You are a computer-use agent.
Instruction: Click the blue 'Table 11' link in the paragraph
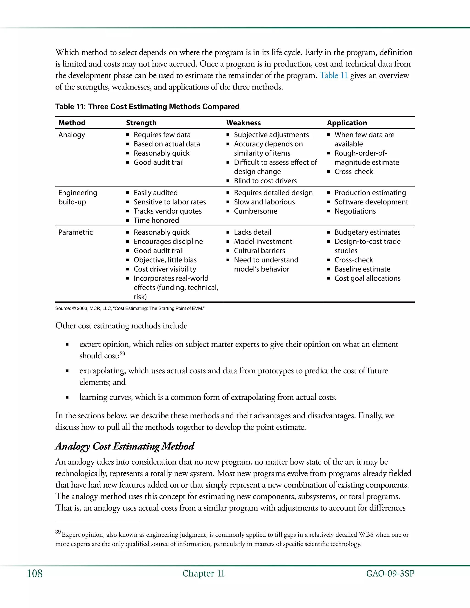pos(333,75)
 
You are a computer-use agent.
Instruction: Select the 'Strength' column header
pos(141,123)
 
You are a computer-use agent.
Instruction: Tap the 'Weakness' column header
pos(243,123)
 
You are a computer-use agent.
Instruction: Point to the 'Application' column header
pos(347,123)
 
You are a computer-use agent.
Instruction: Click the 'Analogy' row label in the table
pos(72,135)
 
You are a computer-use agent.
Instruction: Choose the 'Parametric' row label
pos(76,232)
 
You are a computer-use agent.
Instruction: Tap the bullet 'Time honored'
pos(156,220)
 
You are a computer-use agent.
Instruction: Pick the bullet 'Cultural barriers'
pos(259,251)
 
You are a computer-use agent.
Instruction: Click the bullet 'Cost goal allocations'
pos(367,278)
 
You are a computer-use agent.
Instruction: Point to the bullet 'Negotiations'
pos(355,211)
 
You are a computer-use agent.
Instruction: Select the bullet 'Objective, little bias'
pos(165,260)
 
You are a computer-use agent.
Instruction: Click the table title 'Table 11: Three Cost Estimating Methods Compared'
pos(147,107)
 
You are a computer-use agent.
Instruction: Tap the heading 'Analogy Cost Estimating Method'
pos(124,446)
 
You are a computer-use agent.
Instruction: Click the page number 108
pos(34,574)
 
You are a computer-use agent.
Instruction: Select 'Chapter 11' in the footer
pos(203,574)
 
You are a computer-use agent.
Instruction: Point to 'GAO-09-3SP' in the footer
pos(390,574)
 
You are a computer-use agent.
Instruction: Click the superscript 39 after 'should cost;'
pos(123,354)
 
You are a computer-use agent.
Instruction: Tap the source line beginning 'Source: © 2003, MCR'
pos(130,308)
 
